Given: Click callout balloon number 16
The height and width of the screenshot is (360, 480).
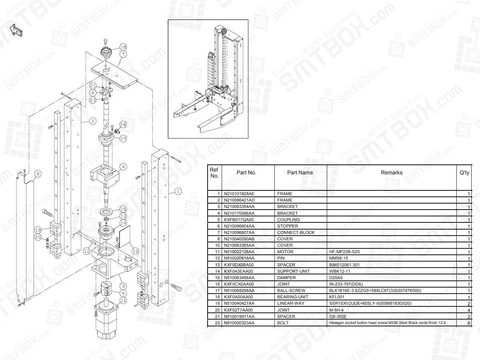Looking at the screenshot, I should [x=123, y=124].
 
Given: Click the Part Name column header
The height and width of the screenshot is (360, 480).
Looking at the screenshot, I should [x=300, y=173].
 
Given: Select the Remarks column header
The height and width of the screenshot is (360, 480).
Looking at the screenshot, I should [x=392, y=173].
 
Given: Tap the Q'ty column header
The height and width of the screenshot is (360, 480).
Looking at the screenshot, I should [x=465, y=173].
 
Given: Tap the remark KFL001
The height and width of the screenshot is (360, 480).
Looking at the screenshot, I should [x=337, y=297].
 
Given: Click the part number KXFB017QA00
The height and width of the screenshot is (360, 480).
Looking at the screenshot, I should [x=238, y=219].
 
